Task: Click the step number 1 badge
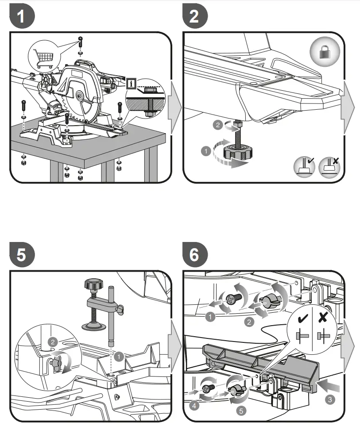[x=21, y=18]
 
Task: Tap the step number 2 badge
[x=194, y=18]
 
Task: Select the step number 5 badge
[x=21, y=255]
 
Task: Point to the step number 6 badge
[x=194, y=255]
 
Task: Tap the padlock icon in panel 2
[x=325, y=52]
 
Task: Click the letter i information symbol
[x=131, y=83]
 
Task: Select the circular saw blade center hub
[x=80, y=95]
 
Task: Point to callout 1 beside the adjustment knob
[x=205, y=152]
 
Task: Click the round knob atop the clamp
[x=93, y=285]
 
